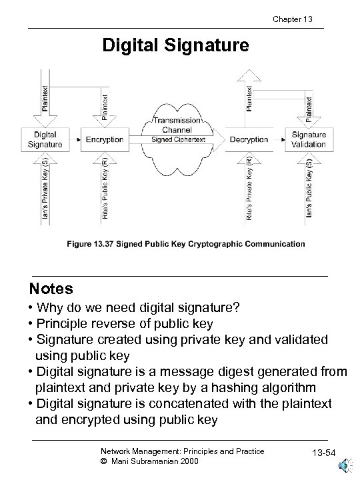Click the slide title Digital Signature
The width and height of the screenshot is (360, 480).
[x=175, y=45]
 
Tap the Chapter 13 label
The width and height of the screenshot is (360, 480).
[x=294, y=19]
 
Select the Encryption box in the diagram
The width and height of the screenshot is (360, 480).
[x=105, y=140]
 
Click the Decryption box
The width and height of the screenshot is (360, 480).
[x=249, y=140]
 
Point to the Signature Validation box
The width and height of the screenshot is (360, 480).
[x=309, y=140]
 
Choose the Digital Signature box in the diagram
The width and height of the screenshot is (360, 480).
[x=45, y=140]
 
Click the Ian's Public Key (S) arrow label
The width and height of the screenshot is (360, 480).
[x=309, y=187]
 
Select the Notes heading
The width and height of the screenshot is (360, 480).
[x=51, y=289]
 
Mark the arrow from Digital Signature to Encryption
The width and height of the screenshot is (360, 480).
[x=73, y=140]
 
